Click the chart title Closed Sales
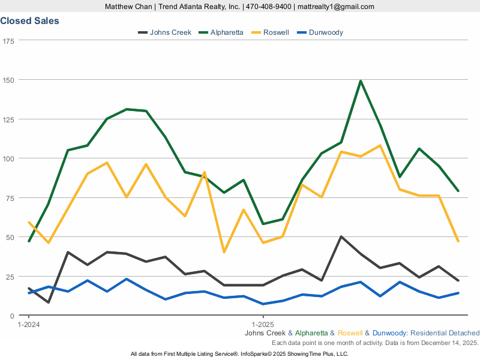point(29,21)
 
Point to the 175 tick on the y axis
point(8,41)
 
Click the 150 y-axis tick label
point(8,80)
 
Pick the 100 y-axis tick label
point(8,158)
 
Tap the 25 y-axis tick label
point(10,277)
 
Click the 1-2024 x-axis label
point(28,325)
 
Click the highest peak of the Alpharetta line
point(361,80)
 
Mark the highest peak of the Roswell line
point(380,145)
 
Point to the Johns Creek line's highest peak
point(341,236)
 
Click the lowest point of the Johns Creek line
point(48,302)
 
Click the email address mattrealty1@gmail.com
point(335,7)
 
